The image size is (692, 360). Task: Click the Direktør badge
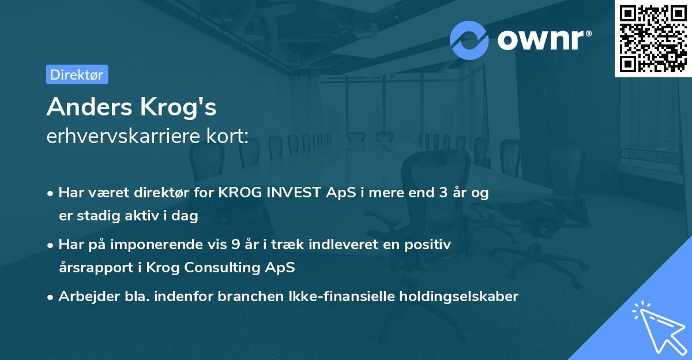click(77, 74)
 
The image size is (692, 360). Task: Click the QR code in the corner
click(653, 38)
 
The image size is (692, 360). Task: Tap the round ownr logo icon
click(469, 40)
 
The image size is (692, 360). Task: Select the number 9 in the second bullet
click(235, 245)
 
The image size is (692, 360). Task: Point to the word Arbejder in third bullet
click(84, 297)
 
